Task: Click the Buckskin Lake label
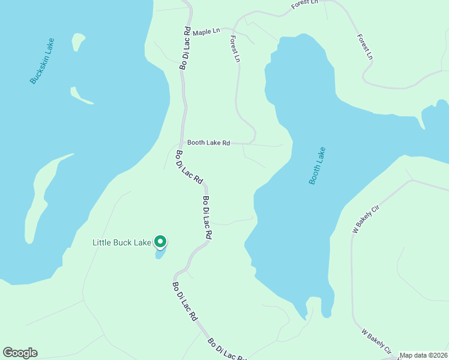pos(43,61)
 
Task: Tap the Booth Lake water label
pos(317,166)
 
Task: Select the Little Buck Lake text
pos(122,243)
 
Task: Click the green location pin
pos(160,241)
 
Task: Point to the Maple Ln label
pos(207,30)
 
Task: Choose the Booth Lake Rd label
pos(208,143)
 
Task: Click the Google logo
pos(20,353)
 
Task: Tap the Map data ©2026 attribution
pos(423,355)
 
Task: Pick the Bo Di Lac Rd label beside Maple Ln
pos(185,48)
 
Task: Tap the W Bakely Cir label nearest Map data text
pos(376,340)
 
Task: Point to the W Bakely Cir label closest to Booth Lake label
pos(367,219)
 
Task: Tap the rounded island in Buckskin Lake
pos(78,41)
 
